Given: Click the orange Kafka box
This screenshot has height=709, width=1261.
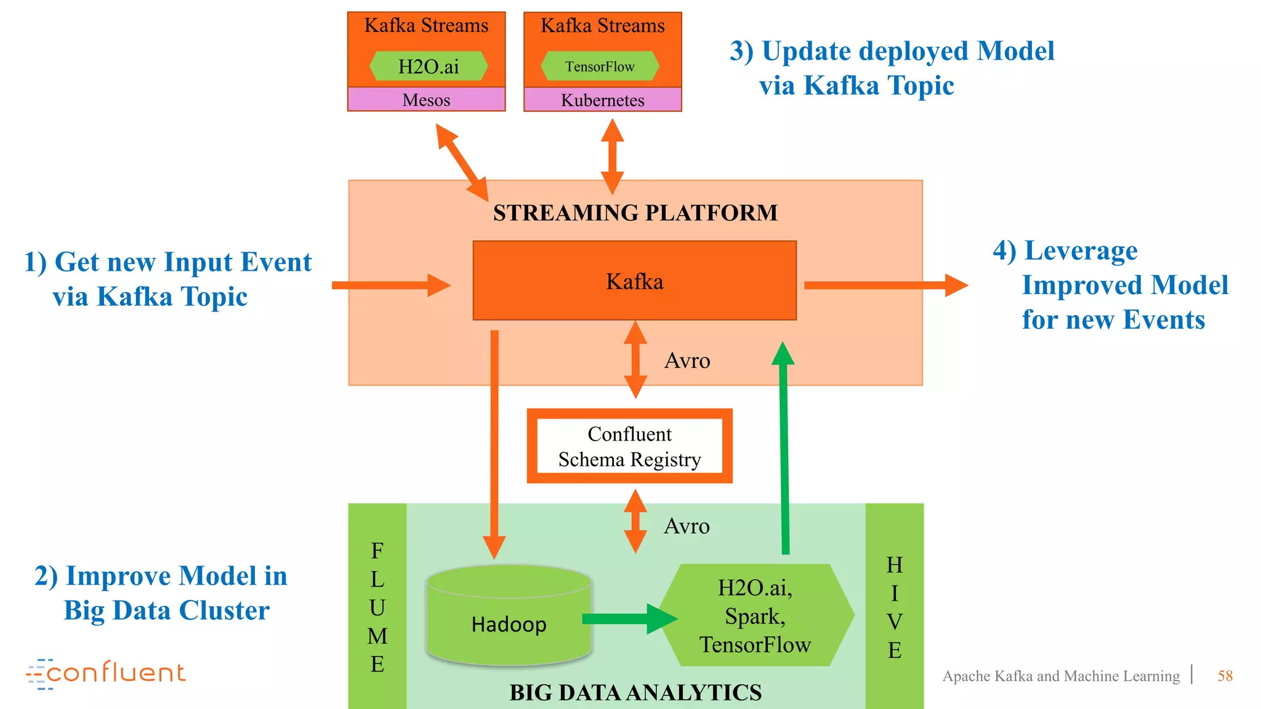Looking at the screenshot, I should point(634,281).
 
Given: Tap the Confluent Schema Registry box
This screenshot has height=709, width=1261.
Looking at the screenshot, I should point(629,446).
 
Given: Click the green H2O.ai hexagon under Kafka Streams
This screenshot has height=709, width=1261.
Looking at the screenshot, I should point(429,66).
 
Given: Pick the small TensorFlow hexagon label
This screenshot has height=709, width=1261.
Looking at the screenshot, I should point(600,66).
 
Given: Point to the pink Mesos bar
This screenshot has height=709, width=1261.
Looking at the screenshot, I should point(426,100).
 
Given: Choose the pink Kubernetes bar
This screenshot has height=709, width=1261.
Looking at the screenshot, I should point(602,100).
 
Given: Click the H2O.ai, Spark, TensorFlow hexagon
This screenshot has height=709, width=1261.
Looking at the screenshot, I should point(756,615).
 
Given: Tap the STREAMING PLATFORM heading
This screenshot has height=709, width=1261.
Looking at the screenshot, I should point(635,213).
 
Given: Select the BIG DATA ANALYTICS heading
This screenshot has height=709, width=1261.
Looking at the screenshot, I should point(635,692).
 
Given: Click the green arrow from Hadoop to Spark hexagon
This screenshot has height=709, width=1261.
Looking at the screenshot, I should point(628,619).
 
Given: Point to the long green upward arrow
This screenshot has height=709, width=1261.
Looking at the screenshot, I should point(784,449).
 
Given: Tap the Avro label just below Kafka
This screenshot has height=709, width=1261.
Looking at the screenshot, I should point(687,361).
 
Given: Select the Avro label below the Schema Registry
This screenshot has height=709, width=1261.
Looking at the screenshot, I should point(687,526).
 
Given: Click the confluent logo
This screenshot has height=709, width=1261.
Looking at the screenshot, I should point(106,673).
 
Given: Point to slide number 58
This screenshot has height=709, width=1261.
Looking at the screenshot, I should point(1225,676).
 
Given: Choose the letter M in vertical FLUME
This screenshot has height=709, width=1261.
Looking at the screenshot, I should point(377,636).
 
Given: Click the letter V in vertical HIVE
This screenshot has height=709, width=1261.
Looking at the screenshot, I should point(895,622).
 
